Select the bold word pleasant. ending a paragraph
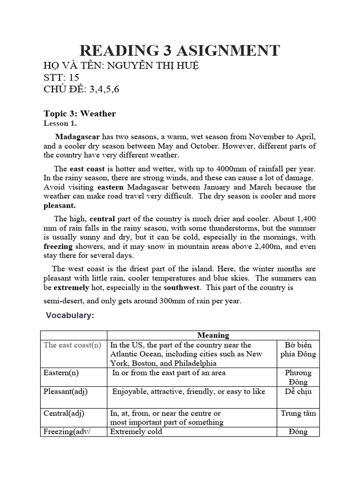pyautogui.click(x=60, y=205)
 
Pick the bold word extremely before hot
pyautogui.click(x=70, y=287)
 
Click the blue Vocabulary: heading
pyautogui.click(x=70, y=315)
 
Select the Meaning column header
pyautogui.click(x=213, y=335)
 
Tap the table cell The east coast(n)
pyautogui.click(x=72, y=345)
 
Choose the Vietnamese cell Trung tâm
pyautogui.click(x=298, y=413)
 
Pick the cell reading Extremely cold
pyautogui.click(x=136, y=432)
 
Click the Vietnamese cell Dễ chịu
pyautogui.click(x=298, y=391)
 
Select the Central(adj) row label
pyautogui.click(x=64, y=413)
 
